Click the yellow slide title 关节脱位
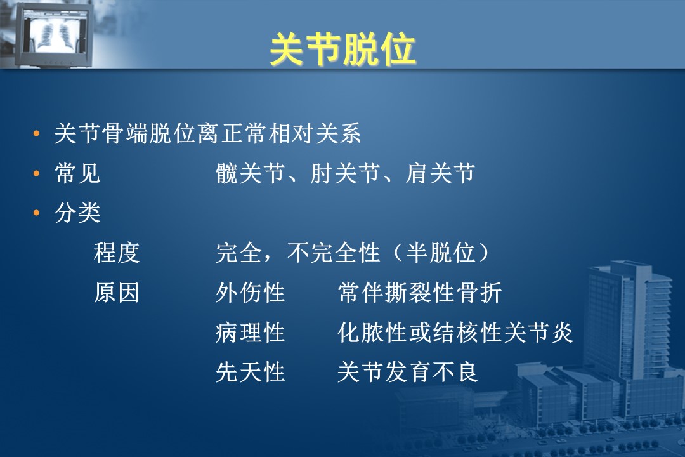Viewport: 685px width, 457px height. [342, 50]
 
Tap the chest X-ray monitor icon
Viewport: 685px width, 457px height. [53, 34]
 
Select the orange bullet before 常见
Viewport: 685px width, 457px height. [37, 174]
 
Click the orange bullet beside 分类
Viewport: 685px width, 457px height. [37, 213]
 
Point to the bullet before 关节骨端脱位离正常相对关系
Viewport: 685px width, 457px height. [37, 133]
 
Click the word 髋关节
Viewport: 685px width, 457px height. [251, 174]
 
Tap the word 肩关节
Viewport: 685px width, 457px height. [440, 174]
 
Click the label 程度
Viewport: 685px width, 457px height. [117, 253]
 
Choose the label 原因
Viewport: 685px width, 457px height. [117, 293]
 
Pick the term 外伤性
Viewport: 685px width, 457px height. [251, 293]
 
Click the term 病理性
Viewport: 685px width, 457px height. [251, 333]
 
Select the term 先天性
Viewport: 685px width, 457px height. [251, 372]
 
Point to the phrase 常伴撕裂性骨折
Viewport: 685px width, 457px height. [420, 293]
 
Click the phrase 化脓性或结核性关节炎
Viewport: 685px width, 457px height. [455, 333]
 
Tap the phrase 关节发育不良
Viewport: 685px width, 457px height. [408, 372]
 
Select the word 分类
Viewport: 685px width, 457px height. [77, 213]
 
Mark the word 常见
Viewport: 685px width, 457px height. [77, 174]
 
